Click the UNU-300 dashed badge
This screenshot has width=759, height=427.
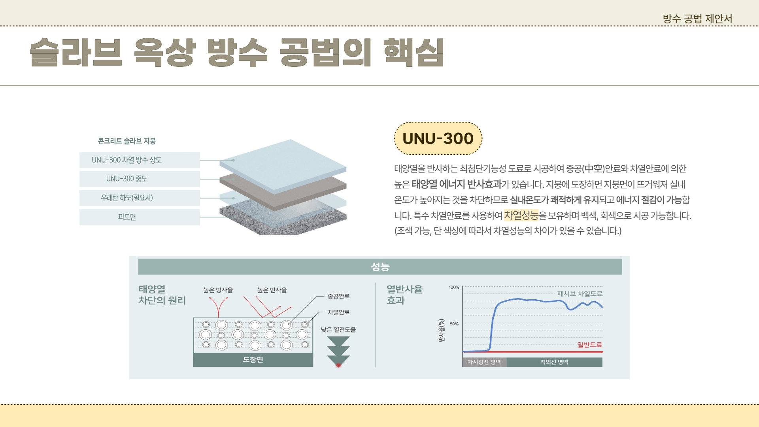(438, 138)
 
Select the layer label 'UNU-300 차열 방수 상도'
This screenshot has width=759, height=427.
(126, 160)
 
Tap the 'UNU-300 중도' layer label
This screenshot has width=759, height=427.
(126, 179)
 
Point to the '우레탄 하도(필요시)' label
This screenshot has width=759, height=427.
(126, 198)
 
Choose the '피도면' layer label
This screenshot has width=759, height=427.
(126, 217)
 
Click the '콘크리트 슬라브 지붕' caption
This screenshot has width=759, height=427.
(126, 141)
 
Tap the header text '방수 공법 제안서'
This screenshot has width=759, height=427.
(697, 19)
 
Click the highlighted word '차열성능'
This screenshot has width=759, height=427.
(521, 215)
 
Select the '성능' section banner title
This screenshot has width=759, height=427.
(380, 267)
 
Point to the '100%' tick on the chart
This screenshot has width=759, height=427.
(454, 287)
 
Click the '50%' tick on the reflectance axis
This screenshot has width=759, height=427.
(454, 324)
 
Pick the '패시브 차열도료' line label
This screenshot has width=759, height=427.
(580, 294)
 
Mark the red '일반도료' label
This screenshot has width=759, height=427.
(589, 345)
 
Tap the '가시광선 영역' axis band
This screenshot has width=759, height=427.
(484, 362)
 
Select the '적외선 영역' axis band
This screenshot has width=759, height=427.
(554, 362)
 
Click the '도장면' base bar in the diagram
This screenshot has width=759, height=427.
(253, 360)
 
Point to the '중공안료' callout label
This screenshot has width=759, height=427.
(338, 296)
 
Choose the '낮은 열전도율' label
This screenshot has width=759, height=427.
(338, 330)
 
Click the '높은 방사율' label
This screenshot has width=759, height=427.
(218, 290)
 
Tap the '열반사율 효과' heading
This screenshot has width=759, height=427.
(404, 295)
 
